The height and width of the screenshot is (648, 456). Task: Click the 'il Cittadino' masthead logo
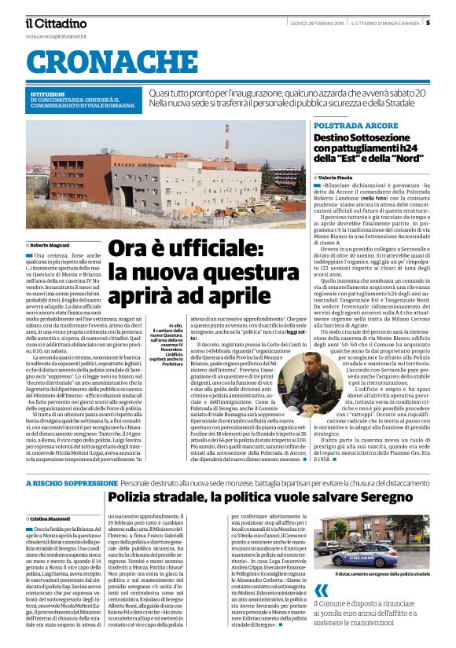pos(56,23)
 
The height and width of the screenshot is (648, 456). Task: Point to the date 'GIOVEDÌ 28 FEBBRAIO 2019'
pos(313,23)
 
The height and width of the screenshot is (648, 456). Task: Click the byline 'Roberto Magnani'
pos(51,246)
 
